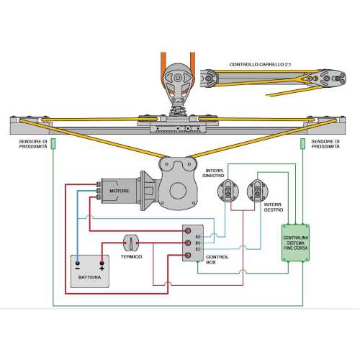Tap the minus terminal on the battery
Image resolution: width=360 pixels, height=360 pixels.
pyautogui.click(x=79, y=266)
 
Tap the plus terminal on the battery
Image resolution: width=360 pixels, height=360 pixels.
pyautogui.click(x=102, y=266)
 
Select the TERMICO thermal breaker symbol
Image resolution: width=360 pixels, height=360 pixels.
pyautogui.click(x=131, y=243)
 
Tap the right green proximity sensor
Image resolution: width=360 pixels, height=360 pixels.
pyautogui.click(x=302, y=143)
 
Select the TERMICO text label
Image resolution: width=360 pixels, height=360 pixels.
pyautogui.click(x=131, y=257)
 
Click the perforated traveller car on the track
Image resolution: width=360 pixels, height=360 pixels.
pyautogui.click(x=176, y=127)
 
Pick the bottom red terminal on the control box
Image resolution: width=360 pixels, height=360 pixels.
pyautogui.click(x=189, y=253)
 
